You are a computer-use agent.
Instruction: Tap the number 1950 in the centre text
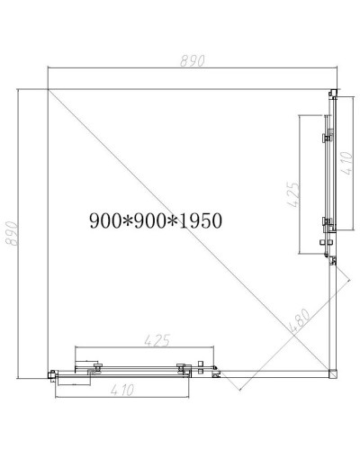pos(200,220)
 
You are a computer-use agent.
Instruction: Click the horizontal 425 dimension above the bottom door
pos(157,340)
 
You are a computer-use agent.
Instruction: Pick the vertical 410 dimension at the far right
pos(346,163)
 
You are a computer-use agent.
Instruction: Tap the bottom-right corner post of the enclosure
pos(332,371)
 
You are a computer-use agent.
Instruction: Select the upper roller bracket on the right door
pos(326,139)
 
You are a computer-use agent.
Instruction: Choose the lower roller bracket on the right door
pos(326,223)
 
